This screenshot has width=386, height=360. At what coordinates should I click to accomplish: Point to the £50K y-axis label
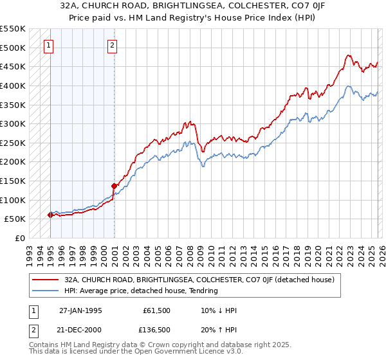(x=15, y=219)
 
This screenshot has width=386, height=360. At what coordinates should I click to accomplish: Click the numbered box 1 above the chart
(x=50, y=45)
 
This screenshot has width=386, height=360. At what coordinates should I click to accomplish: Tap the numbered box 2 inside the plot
(x=112, y=45)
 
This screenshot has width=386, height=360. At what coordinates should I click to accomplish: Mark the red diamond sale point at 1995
(x=51, y=215)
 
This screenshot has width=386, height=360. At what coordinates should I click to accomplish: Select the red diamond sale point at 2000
(x=114, y=186)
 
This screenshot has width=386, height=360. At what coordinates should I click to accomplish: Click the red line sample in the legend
(x=46, y=280)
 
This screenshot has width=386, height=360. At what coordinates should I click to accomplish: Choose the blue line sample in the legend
(x=46, y=291)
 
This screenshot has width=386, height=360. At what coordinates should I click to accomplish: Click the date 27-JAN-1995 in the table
(x=81, y=310)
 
